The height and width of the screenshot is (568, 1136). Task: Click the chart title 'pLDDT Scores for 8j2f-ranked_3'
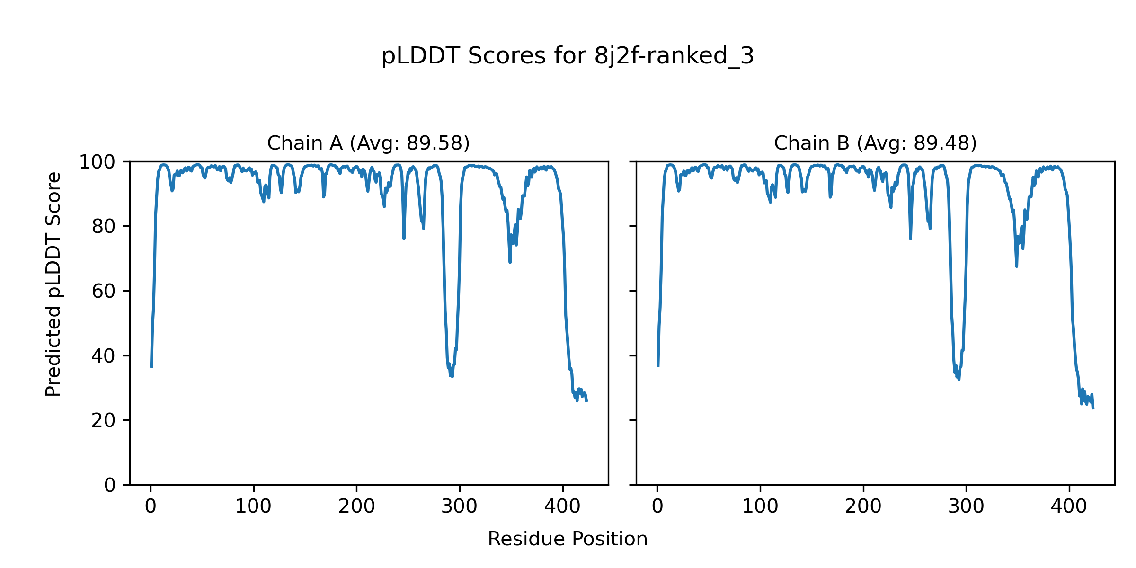point(568,56)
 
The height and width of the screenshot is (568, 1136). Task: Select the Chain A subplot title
point(368,143)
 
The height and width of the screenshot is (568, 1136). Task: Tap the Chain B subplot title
point(875,143)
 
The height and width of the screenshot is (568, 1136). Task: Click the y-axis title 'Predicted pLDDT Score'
point(53,284)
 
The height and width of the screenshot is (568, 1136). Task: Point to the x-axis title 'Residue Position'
point(568,539)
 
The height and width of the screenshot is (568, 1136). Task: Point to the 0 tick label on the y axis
point(110,485)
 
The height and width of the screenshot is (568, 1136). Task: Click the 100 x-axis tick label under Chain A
point(254,507)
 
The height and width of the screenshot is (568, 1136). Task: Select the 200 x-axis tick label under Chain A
point(356,507)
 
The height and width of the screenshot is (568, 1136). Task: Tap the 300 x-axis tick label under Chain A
point(460,507)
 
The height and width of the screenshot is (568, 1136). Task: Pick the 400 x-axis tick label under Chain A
point(562,507)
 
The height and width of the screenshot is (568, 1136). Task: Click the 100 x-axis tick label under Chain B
point(760,507)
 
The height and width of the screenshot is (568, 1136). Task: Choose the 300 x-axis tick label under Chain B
point(966,507)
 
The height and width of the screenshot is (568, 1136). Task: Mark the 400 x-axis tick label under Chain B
point(1069,507)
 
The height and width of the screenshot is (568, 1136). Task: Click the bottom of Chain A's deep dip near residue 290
point(452,376)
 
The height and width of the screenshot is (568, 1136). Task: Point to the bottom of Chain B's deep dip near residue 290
point(959,380)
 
